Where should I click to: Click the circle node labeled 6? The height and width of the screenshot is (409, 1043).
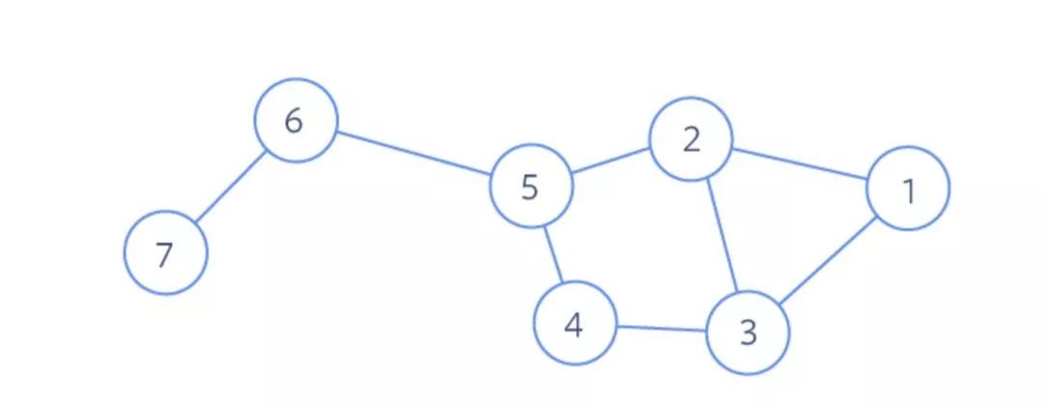click(x=296, y=122)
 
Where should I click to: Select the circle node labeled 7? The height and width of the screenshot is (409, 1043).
click(x=165, y=253)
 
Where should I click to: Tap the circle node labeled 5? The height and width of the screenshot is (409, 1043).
click(x=530, y=186)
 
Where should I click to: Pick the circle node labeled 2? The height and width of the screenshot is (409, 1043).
click(x=691, y=139)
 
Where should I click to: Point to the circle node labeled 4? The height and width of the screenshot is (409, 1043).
click(x=575, y=324)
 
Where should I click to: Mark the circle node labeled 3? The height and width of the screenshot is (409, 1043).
click(x=748, y=333)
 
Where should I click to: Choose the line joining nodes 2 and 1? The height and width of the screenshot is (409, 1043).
click(x=800, y=164)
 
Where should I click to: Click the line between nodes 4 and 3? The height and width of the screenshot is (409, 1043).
click(x=662, y=329)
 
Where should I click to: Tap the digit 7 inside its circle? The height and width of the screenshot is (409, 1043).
click(x=164, y=255)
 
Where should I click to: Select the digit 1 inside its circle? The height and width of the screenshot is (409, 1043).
click(x=909, y=191)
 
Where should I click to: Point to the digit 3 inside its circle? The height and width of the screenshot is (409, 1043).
click(x=748, y=334)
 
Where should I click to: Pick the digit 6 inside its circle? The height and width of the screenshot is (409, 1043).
click(x=295, y=122)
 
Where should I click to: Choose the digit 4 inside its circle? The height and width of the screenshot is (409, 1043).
click(x=574, y=325)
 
